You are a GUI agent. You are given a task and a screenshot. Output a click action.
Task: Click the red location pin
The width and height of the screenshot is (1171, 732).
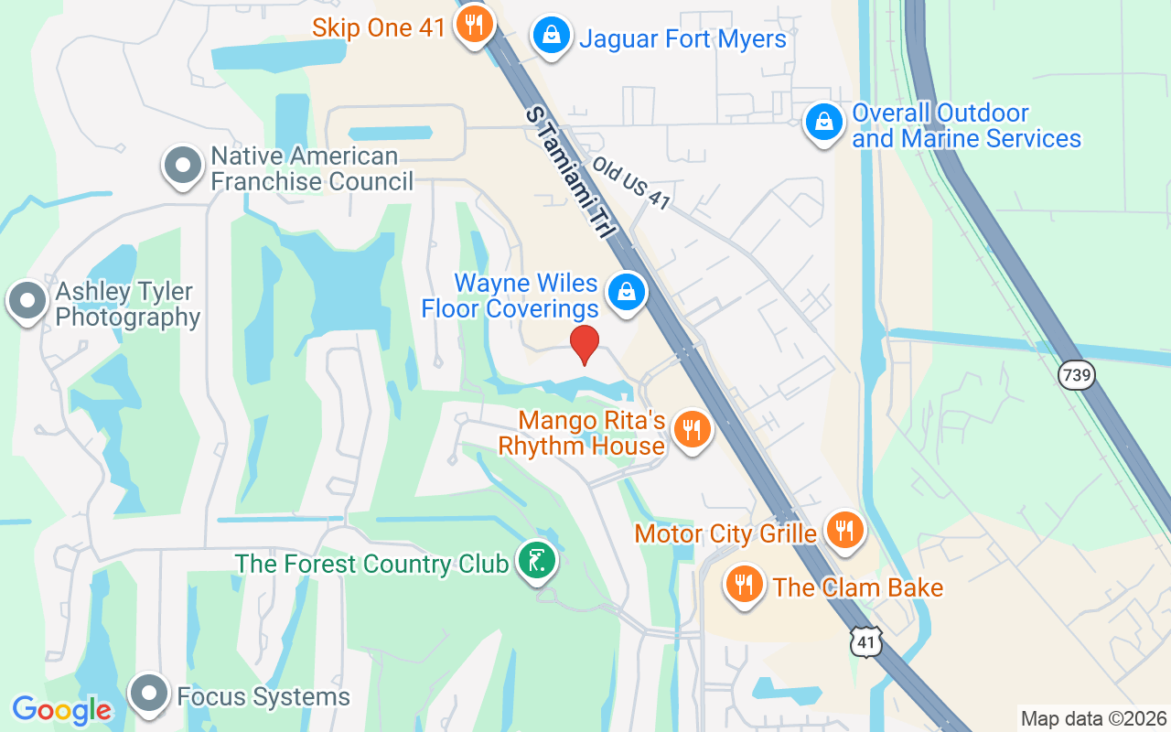[x=585, y=344]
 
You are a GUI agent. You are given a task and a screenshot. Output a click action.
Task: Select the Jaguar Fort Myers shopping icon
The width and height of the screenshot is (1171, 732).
[x=552, y=36]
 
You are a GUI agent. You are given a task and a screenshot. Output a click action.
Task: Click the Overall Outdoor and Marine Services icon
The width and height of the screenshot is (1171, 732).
[x=823, y=121]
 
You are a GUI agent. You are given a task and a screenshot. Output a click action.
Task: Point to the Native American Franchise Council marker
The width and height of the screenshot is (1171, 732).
[x=183, y=166]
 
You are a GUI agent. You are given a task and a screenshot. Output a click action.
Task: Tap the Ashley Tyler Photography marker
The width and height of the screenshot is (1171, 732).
[x=27, y=300]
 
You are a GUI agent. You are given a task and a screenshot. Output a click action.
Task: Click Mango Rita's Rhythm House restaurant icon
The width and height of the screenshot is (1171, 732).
[x=692, y=428]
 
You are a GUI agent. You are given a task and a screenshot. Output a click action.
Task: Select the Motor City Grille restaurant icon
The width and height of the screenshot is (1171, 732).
[x=844, y=530]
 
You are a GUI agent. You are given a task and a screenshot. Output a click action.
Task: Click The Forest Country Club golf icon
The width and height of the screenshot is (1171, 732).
[x=536, y=560]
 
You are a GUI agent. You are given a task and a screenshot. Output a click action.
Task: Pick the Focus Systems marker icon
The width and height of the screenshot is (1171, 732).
[x=149, y=694]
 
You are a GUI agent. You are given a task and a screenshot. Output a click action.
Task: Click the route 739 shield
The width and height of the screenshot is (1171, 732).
[x=1078, y=374]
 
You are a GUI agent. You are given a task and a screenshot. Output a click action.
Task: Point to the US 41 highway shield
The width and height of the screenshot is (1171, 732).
[x=865, y=643]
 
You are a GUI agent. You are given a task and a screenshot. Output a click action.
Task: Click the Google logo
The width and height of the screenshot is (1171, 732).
[x=61, y=710]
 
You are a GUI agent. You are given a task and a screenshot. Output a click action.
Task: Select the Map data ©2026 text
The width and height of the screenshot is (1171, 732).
[x=1094, y=719]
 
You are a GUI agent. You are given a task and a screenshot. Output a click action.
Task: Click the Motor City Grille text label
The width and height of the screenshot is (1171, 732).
[x=725, y=533]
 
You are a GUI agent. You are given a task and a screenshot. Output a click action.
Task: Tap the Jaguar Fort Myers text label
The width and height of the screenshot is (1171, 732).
[x=682, y=39]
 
